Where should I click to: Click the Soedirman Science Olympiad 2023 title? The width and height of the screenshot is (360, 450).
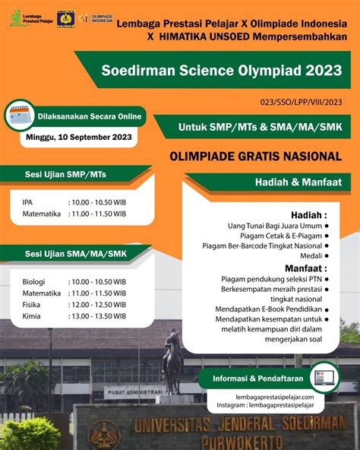[221, 71]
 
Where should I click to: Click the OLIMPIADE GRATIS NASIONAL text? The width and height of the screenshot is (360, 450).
[255, 157]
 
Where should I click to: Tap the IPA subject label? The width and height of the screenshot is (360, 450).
[28, 203]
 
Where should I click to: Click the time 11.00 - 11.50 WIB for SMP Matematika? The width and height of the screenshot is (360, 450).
[97, 214]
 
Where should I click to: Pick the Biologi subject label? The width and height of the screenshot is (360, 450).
[34, 281]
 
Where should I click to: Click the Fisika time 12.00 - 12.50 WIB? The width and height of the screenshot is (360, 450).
[97, 304]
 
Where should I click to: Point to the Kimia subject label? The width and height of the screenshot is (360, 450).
[32, 315]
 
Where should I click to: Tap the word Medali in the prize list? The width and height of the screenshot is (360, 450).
[311, 255]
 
